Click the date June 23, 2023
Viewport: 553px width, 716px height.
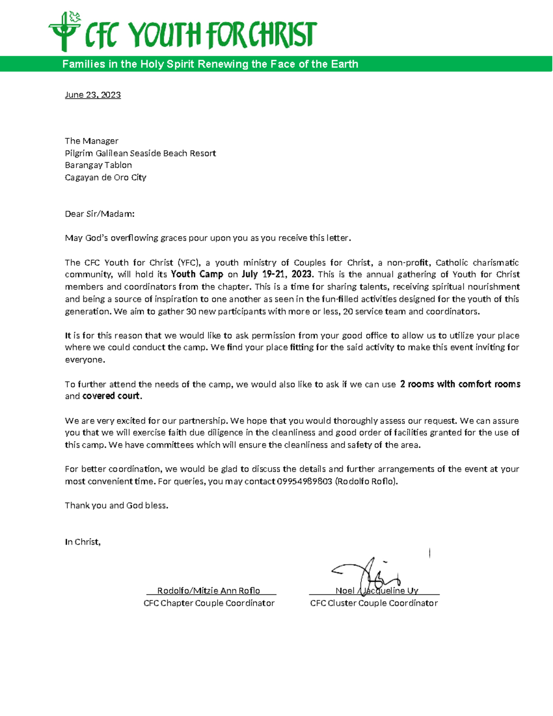click(93, 95)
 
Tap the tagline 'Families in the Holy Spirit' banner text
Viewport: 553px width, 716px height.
click(210, 64)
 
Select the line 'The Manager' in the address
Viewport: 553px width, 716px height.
click(91, 141)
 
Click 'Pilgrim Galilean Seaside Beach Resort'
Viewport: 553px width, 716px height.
click(140, 153)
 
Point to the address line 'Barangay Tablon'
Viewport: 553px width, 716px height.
click(98, 165)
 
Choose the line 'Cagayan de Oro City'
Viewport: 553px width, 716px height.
click(106, 178)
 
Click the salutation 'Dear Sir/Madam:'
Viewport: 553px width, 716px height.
click(100, 214)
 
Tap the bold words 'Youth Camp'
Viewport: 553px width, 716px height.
click(197, 274)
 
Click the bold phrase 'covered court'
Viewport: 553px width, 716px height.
click(111, 396)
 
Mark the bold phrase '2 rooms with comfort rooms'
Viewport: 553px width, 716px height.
click(460, 384)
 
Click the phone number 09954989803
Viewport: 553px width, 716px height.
click(304, 481)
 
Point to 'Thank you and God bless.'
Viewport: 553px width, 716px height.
click(117, 505)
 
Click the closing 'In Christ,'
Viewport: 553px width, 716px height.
click(82, 542)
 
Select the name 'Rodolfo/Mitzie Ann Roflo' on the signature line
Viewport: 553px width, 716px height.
click(208, 591)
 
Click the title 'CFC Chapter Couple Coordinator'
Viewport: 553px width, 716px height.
click(209, 603)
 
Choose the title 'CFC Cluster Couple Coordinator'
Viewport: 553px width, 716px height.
click(374, 603)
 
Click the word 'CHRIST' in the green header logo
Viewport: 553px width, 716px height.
click(282, 35)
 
